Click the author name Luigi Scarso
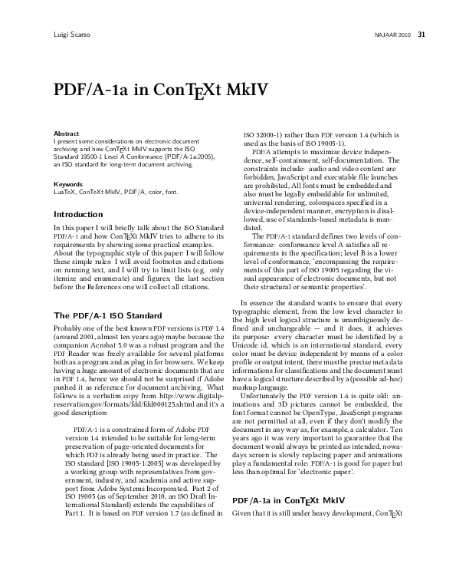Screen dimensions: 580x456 [71, 35]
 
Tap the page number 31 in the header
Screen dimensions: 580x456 [422, 35]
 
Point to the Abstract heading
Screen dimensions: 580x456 [66, 133]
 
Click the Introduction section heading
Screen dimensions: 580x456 [78, 214]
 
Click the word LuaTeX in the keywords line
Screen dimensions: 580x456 [64, 193]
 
